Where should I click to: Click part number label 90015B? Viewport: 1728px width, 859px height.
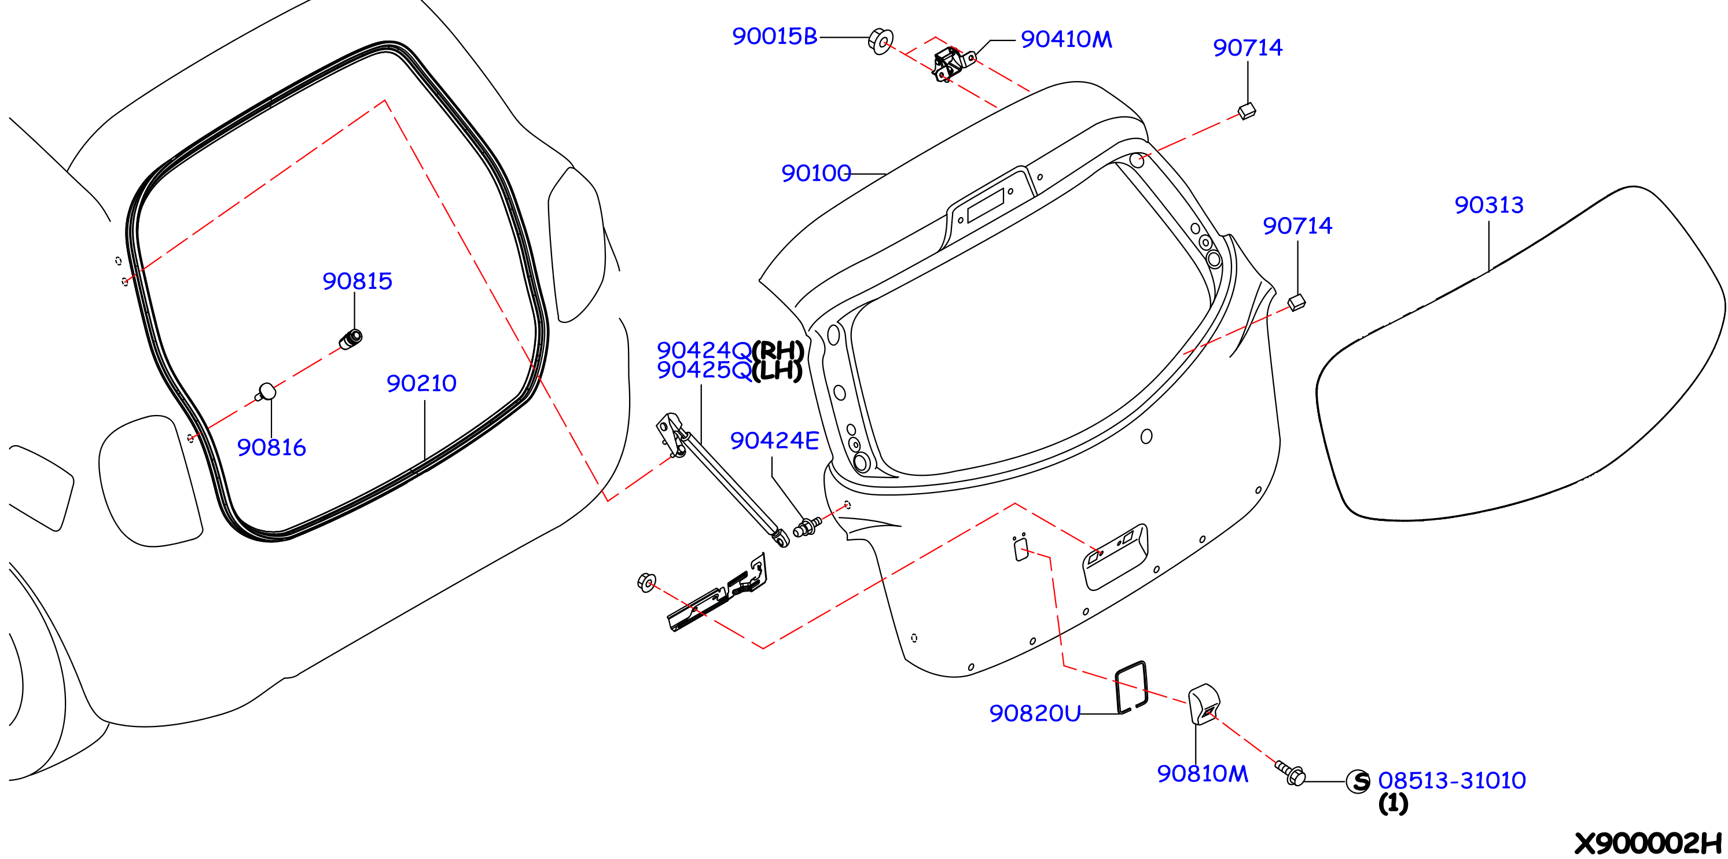point(775,36)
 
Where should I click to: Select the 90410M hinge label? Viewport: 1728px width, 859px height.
point(1067,39)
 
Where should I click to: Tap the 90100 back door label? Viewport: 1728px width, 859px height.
point(817,173)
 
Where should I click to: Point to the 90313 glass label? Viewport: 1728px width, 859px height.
point(1489,205)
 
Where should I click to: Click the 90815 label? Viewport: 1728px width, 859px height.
point(358,281)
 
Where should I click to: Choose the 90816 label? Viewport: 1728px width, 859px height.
point(271,447)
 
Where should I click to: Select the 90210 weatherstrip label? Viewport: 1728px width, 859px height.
point(421,383)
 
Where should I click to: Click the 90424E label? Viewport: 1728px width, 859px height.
point(775,440)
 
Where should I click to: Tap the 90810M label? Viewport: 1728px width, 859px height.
point(1203,773)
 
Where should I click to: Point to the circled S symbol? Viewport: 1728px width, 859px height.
point(1358,781)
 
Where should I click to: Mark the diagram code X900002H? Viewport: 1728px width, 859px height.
point(1648,843)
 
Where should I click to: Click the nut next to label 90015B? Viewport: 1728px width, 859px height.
point(880,41)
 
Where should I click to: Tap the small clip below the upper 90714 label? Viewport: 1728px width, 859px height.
point(1247,111)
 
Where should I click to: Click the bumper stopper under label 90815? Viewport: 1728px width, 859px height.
point(351,340)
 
